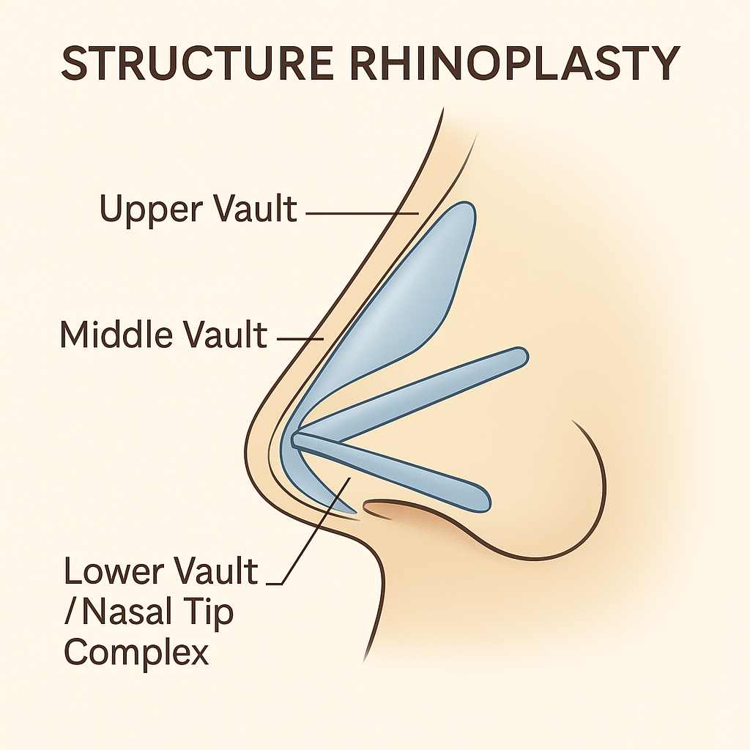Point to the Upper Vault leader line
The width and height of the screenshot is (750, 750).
359,214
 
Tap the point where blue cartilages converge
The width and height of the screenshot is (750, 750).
297,439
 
